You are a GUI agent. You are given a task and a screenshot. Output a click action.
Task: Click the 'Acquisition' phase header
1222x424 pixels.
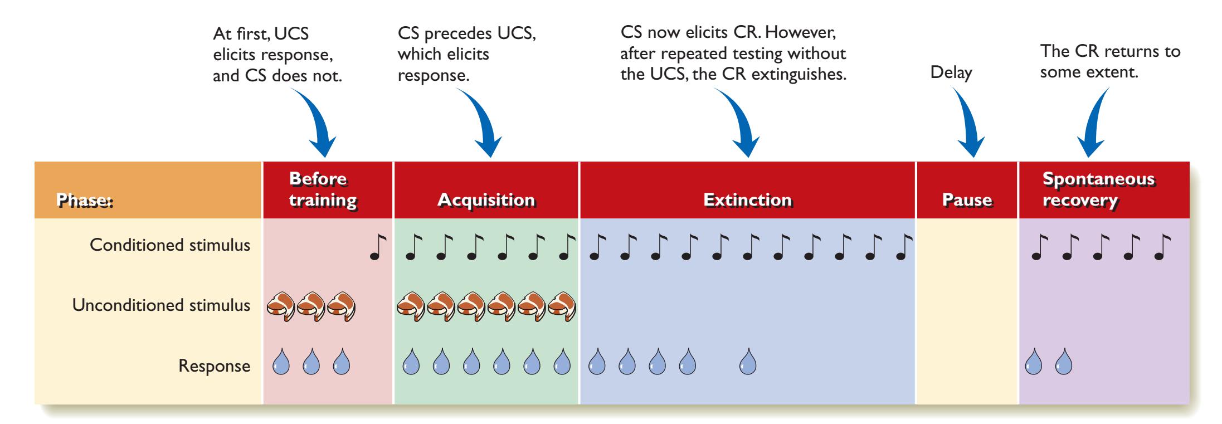[x=486, y=199]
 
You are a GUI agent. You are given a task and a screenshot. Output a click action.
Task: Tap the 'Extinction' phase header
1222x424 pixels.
[x=747, y=199]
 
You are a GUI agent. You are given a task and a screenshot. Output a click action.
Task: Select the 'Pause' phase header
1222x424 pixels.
[x=967, y=200]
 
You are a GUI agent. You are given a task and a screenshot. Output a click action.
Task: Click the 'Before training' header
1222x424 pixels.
[x=323, y=189]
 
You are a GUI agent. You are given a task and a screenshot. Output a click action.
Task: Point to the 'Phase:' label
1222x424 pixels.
[x=85, y=201]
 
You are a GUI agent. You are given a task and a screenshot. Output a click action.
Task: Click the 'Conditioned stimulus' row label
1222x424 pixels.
[x=170, y=245]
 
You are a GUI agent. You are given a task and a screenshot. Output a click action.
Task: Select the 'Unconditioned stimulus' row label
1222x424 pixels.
[x=161, y=305]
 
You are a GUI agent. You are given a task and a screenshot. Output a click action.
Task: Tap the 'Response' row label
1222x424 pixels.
[x=214, y=366]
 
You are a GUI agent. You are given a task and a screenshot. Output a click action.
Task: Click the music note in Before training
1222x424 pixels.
[x=377, y=247]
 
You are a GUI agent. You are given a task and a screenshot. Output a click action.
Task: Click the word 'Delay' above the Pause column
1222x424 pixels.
[x=951, y=72]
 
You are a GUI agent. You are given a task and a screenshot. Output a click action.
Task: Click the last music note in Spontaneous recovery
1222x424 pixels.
[x=1162, y=247]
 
